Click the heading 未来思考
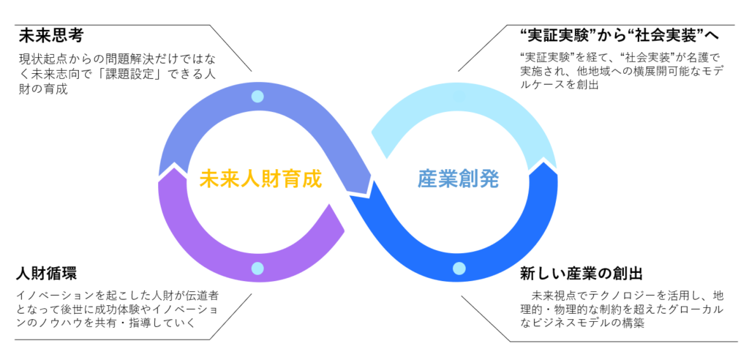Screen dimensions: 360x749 [x=49, y=35]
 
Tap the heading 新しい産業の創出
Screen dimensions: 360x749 [x=581, y=274]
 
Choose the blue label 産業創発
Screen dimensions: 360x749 [x=459, y=179]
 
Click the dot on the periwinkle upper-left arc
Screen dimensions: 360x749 [x=257, y=96]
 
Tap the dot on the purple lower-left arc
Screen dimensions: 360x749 [x=257, y=269]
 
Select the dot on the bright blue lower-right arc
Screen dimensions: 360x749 [x=458, y=269]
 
